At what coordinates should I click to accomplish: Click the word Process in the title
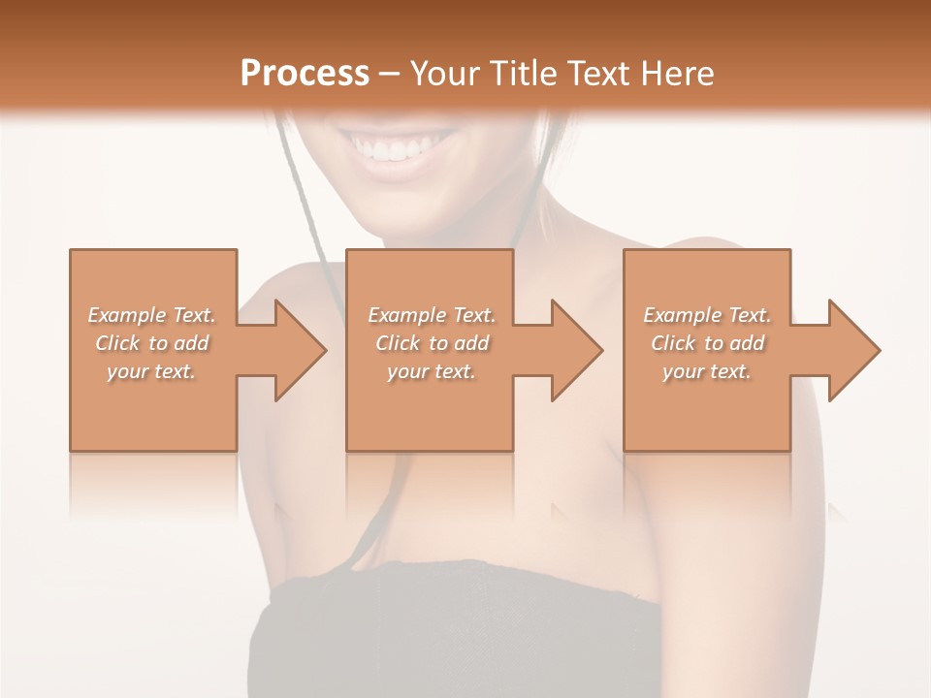point(305,73)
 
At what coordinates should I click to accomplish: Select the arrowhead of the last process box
point(853,350)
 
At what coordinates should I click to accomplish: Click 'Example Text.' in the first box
point(152,315)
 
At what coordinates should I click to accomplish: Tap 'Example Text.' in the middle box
point(432,315)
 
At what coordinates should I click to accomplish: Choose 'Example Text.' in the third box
point(707,315)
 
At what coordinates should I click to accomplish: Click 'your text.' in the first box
point(152,371)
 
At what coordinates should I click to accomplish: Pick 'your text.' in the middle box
point(432,371)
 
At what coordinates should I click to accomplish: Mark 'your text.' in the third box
point(707,371)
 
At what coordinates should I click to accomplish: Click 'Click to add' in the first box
point(152,343)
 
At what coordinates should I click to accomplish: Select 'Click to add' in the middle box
point(432,343)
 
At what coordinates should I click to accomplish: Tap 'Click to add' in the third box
point(707,343)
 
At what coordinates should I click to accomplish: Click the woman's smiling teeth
point(396,150)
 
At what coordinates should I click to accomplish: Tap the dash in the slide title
point(390,74)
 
